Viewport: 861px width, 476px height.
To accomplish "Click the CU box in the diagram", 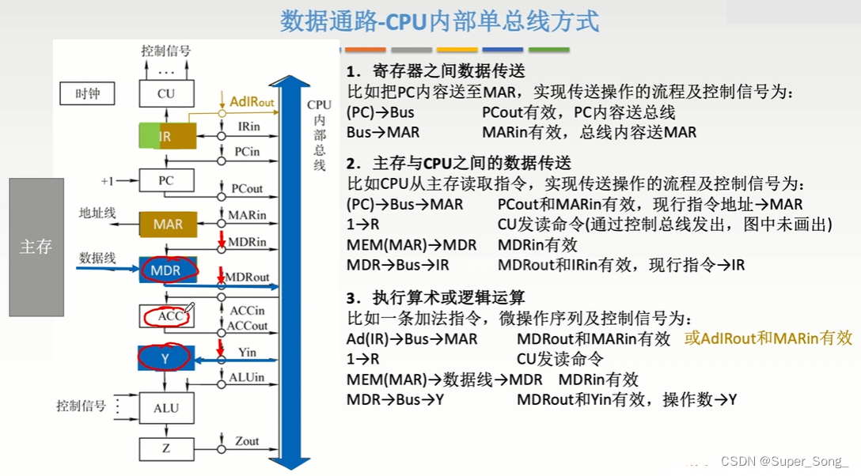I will coord(165,94).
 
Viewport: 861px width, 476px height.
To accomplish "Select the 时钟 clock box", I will coord(88,94).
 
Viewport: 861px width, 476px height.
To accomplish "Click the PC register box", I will coord(165,180).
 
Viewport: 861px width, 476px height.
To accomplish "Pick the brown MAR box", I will coord(168,225).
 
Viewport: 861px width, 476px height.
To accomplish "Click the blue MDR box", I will coord(165,270).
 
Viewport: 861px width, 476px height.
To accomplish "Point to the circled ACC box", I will coord(165,317).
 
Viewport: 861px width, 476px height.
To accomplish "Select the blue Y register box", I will coord(165,358).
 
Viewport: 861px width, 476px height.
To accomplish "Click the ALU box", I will coord(165,408).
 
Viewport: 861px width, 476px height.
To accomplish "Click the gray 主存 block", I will coord(36,247).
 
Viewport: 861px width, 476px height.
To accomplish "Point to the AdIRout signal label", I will coord(252,102).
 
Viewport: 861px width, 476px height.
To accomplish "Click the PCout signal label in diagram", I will coord(247,190).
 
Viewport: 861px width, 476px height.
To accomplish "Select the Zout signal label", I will coord(247,440).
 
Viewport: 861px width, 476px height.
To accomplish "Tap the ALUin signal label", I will coord(247,378).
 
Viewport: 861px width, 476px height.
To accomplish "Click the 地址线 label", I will coord(97,213).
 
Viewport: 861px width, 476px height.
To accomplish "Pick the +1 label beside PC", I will coord(108,181).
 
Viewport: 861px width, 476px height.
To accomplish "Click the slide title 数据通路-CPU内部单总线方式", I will coord(439,21).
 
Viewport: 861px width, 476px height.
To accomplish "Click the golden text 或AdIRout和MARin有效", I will coord(768,338).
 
